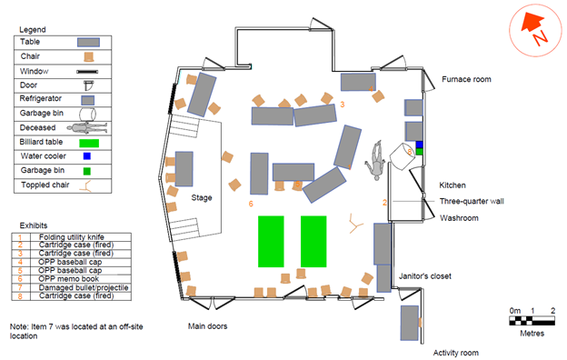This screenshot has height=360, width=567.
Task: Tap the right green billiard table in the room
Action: click(313, 241)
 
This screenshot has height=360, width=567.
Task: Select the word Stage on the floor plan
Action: click(202, 196)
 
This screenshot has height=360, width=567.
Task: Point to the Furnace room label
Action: click(466, 80)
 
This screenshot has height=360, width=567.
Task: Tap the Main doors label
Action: click(207, 325)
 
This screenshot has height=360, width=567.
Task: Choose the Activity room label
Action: click(455, 352)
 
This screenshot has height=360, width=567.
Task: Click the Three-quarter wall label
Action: click(473, 200)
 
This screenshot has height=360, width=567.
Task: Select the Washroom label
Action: click(460, 218)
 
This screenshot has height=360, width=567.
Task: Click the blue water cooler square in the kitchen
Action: click(420, 145)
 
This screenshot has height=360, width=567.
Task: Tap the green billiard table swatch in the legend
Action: click(88, 143)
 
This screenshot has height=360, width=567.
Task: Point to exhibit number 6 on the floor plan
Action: click(251, 204)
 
